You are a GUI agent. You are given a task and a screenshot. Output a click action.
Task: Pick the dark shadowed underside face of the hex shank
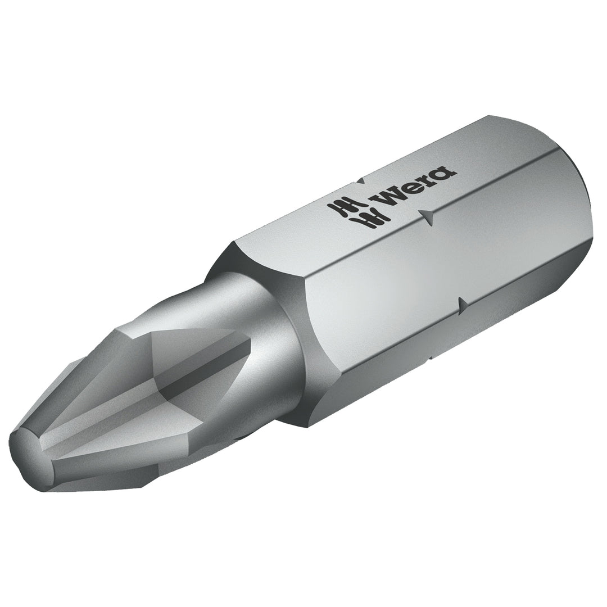[450, 360]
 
